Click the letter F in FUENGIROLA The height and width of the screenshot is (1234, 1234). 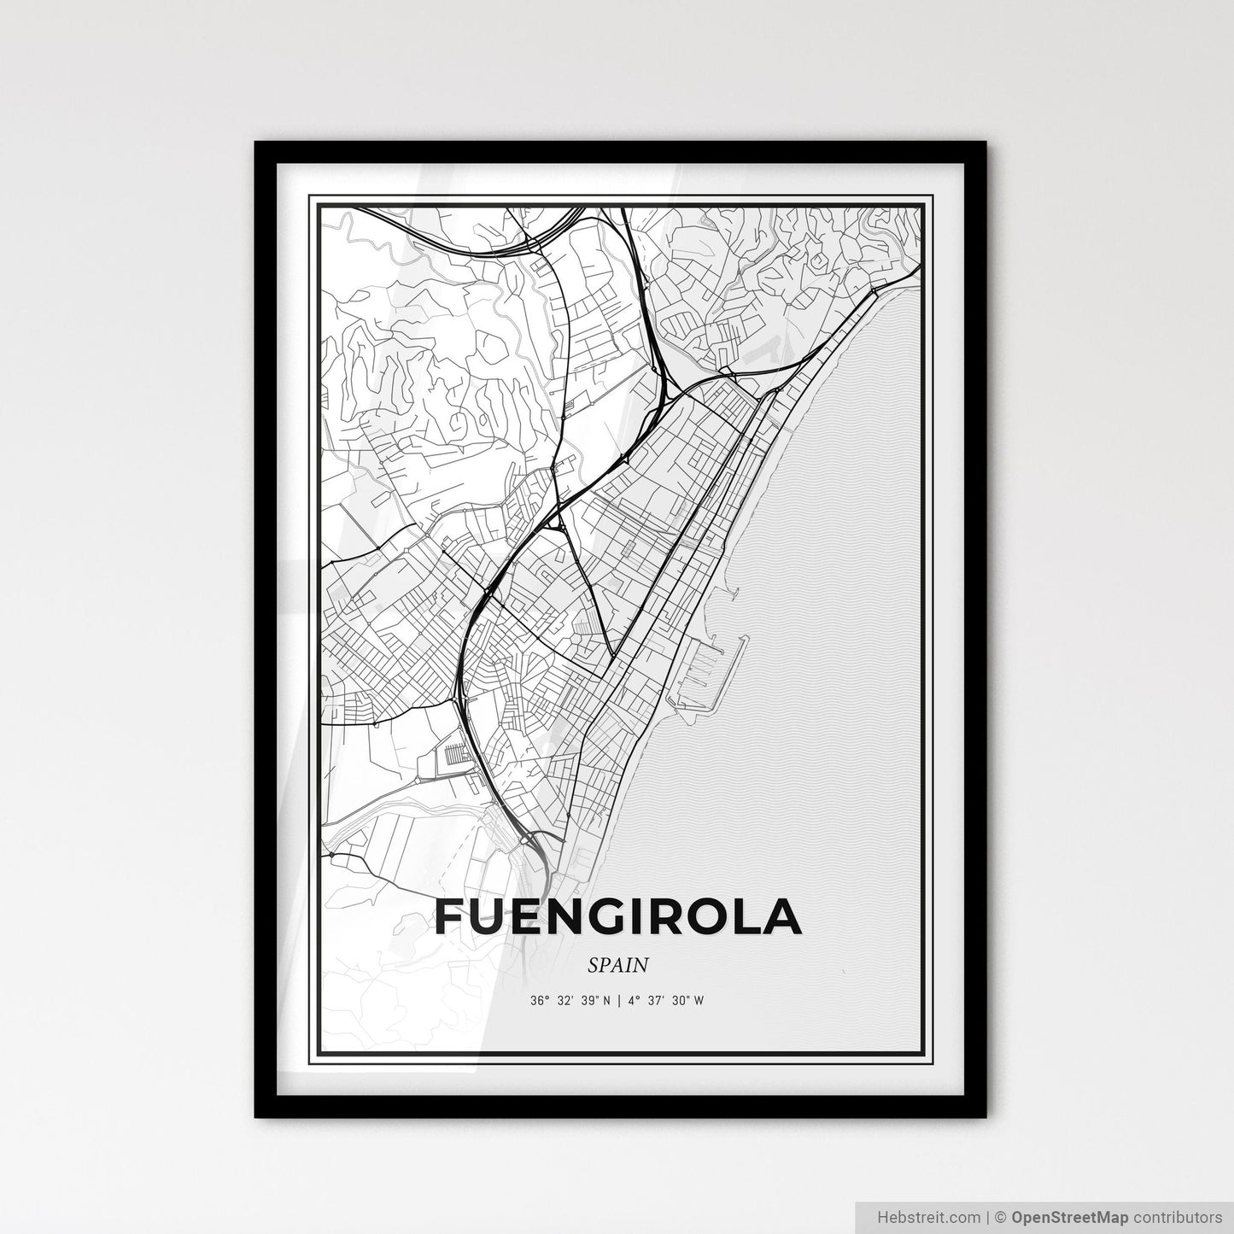[453, 917]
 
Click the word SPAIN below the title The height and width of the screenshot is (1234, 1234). [617, 965]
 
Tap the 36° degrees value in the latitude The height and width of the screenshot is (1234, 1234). [539, 1001]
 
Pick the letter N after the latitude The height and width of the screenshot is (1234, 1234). [605, 1001]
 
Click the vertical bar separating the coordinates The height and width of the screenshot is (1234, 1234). [617, 1001]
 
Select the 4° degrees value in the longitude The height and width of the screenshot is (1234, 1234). [633, 1001]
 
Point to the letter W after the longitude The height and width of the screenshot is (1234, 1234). [699, 1001]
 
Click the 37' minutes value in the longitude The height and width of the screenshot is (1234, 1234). [656, 1001]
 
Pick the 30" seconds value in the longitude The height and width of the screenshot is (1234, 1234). [680, 1001]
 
